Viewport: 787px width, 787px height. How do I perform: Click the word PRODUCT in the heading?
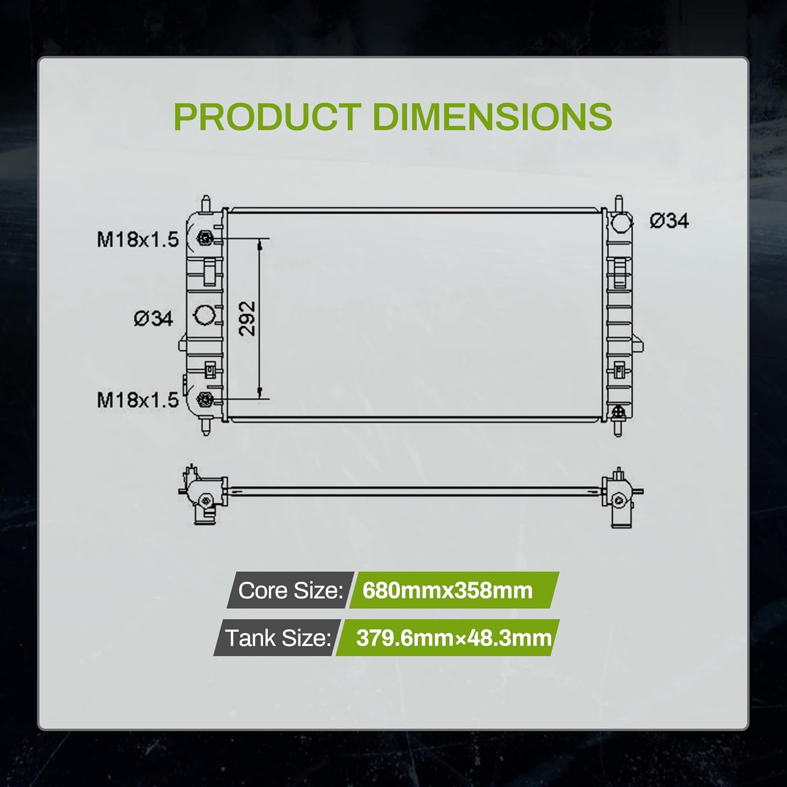point(267,116)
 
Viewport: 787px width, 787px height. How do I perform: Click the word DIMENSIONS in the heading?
point(492,116)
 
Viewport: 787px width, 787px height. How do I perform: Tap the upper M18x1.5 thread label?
point(138,240)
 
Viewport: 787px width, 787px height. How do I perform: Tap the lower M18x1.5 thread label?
point(138,400)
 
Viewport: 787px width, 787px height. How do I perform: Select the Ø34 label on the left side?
point(153,318)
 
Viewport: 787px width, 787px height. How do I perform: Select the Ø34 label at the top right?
point(669,221)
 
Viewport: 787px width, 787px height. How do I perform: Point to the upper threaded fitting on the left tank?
point(204,239)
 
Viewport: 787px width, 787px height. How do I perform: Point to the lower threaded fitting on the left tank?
point(204,400)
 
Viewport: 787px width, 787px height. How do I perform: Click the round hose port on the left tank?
point(205,316)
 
